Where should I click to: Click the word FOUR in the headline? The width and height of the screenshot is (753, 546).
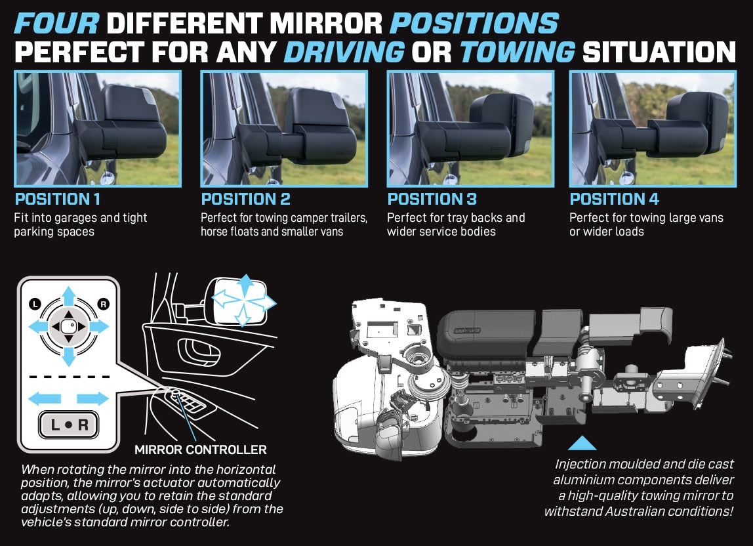(56, 24)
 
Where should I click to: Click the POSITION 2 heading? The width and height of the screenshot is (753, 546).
(245, 199)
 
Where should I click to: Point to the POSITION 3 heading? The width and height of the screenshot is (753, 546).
(432, 199)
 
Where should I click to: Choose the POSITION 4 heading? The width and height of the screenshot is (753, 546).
(615, 199)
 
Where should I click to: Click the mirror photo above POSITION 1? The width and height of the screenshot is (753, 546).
(97, 129)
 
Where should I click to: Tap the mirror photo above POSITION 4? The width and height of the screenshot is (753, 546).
(652, 129)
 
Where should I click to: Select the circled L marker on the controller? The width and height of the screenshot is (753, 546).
(34, 303)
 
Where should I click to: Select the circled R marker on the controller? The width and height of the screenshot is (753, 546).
(102, 303)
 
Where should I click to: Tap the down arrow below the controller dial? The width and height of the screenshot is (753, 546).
(68, 356)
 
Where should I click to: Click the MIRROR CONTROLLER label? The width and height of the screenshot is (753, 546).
(200, 450)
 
